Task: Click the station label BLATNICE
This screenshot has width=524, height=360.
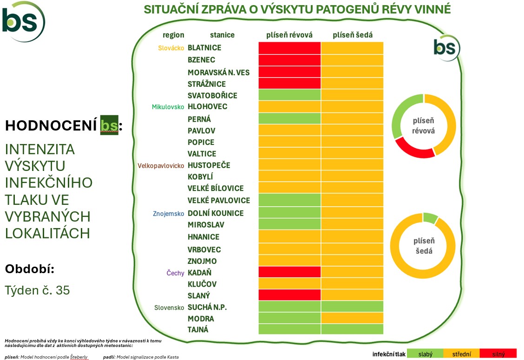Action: click(204, 48)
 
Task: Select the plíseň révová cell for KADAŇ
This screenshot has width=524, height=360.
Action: click(289, 272)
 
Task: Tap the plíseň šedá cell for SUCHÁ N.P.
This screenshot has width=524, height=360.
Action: click(352, 307)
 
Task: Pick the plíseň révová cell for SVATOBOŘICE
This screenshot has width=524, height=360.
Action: click(289, 95)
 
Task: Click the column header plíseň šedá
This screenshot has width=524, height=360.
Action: click(353, 35)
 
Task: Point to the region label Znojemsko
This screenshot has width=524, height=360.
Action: click(169, 214)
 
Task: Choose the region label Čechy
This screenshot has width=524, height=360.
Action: click(175, 273)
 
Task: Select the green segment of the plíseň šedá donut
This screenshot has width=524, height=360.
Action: click(430, 217)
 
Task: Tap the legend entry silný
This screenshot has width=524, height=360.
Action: click(498, 354)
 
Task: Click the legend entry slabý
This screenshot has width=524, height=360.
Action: click(425, 354)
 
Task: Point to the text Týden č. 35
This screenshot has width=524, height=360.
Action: click(37, 290)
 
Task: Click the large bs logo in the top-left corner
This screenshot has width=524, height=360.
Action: click(23, 21)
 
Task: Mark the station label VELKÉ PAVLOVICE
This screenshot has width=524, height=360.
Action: click(218, 201)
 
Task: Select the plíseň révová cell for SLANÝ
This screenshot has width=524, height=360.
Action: click(289, 295)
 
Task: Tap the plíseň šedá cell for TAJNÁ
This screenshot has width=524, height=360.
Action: click(352, 329)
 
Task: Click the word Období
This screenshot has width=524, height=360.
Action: click(30, 269)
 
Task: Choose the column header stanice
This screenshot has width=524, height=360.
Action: click(222, 35)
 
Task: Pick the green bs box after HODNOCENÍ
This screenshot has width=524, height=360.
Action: click(109, 125)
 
